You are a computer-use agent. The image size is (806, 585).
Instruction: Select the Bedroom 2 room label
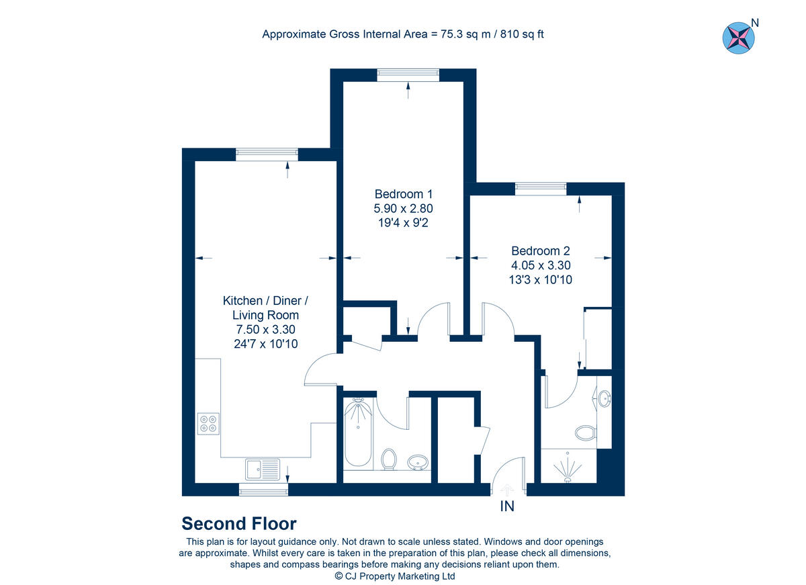[540, 251]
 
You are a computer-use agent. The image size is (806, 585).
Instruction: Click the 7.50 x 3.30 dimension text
[265, 329]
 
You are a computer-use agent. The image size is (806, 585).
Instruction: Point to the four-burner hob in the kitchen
[208, 422]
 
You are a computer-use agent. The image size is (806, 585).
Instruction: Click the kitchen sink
[263, 469]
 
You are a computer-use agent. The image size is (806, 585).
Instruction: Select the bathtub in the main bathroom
[358, 433]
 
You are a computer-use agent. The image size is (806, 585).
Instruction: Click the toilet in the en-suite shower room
[586, 432]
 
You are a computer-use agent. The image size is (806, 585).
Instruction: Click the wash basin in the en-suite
[604, 399]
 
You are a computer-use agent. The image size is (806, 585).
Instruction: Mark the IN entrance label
[507, 506]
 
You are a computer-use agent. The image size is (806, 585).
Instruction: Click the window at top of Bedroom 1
[408, 75]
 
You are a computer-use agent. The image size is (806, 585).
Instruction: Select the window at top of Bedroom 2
[541, 189]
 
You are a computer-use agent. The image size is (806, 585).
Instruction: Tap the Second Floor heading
[239, 524]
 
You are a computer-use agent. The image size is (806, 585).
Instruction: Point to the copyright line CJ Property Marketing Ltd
[395, 576]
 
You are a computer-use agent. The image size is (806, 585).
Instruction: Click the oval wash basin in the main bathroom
[418, 462]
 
